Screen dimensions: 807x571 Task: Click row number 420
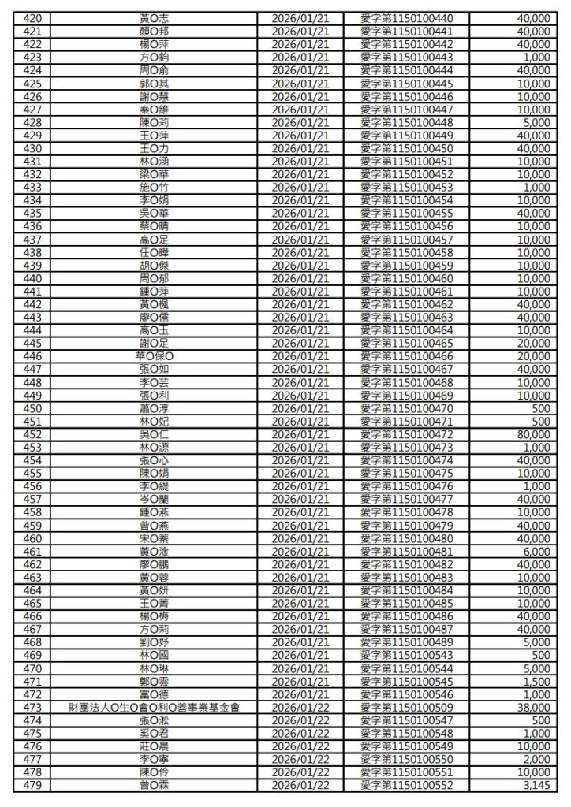pos(32,18)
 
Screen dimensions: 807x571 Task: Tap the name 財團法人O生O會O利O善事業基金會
pos(154,708)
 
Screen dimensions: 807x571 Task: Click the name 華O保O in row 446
pos(154,356)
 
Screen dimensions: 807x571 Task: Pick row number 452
pos(32,434)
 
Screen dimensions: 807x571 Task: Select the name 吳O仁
pos(154,434)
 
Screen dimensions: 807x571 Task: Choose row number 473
pos(32,708)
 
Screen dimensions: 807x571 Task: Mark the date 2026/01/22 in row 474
pos(299,720)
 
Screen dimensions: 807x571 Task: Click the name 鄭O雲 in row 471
pos(154,682)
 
